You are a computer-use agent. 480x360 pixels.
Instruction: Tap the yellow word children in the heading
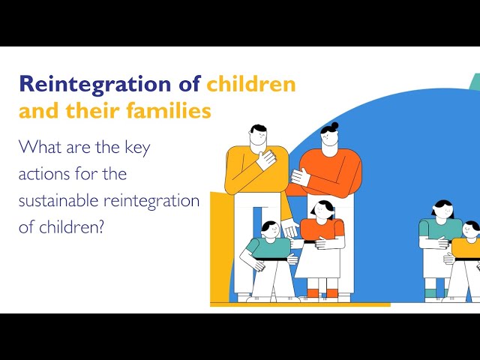[x=251, y=84]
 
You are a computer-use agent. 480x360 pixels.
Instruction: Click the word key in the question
[x=136, y=147]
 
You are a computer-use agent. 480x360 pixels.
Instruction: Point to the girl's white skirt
[x=320, y=262]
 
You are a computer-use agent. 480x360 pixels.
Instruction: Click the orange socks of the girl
[x=320, y=292]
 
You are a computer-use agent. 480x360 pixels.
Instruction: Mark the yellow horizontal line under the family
[x=300, y=304]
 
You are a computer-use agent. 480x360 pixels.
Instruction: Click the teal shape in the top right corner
[x=474, y=81]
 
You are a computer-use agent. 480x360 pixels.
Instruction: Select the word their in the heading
[x=100, y=112]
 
